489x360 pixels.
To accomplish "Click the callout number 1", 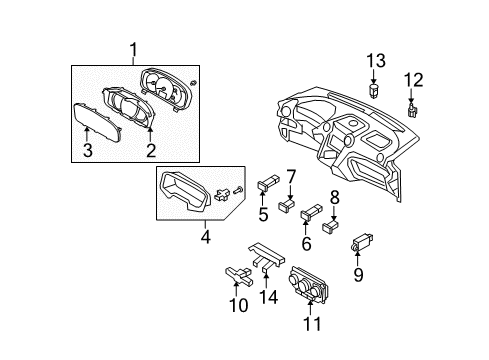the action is click(x=133, y=50).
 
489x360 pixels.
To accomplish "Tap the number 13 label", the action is click(x=376, y=61).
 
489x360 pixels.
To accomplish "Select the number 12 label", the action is click(x=414, y=80).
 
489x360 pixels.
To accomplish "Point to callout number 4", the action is click(x=206, y=237).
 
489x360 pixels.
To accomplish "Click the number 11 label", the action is click(x=312, y=324).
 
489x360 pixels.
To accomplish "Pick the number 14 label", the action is click(x=268, y=297).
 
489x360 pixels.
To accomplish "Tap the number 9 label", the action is click(x=358, y=275).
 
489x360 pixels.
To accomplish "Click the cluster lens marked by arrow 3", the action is click(x=97, y=123).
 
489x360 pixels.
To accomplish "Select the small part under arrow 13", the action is click(x=374, y=90).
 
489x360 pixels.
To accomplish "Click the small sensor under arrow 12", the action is click(x=413, y=110).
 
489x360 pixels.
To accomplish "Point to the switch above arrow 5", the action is click(x=268, y=183).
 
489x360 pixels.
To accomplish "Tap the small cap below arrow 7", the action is click(x=287, y=205).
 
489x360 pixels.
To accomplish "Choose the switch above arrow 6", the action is click(x=312, y=212).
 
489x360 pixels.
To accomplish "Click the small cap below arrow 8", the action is click(x=330, y=226).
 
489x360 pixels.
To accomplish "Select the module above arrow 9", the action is click(x=362, y=242).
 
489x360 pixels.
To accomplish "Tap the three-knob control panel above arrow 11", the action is click(x=309, y=283).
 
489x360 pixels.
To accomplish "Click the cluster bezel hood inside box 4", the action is click(x=186, y=191).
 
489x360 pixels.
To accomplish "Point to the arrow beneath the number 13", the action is click(x=373, y=77).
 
